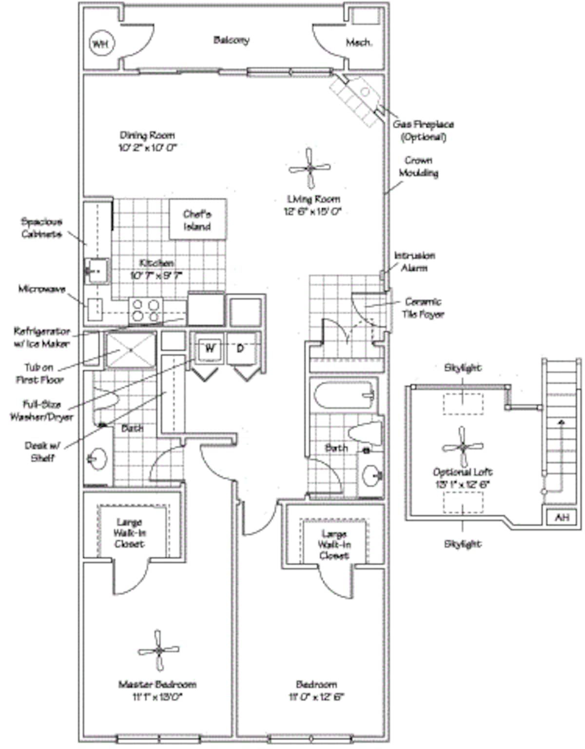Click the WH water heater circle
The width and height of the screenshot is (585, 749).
100,44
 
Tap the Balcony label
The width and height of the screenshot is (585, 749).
231,40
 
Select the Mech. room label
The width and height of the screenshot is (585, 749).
359,42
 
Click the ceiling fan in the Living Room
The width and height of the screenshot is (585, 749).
310,168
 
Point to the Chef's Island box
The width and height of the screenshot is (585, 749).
197,220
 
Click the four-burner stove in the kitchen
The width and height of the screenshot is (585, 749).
146,310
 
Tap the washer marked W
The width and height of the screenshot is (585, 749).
209,348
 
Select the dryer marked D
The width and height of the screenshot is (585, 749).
240,348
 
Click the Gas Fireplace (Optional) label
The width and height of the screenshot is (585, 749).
423,131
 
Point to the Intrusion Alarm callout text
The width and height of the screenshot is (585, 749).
414,261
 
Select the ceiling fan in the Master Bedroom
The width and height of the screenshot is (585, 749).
158,650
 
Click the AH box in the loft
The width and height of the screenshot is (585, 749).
562,517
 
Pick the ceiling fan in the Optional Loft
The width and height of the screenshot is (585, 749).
463,446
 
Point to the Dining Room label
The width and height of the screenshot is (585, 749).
147,135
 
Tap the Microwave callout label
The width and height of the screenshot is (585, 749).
42,289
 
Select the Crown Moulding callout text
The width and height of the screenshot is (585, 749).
418,166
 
